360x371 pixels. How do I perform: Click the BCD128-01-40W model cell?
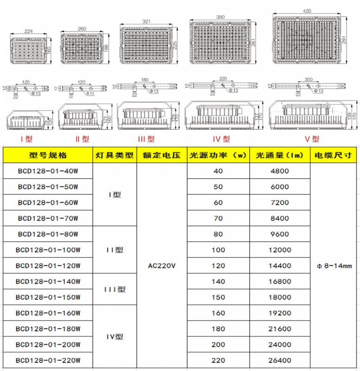click(x=48, y=171)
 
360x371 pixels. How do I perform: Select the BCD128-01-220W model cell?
click(x=48, y=360)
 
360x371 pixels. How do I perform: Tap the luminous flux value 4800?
click(x=279, y=171)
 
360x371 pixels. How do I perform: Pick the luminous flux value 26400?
click(x=279, y=360)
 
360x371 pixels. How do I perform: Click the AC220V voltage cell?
click(x=161, y=266)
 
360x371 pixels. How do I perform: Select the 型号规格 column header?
click(x=48, y=155)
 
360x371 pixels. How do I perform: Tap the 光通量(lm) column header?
click(x=279, y=155)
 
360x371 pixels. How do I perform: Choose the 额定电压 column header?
click(x=161, y=155)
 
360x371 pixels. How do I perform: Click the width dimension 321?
click(x=147, y=21)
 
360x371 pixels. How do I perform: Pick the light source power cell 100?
click(x=218, y=250)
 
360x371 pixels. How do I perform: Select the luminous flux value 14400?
click(x=279, y=266)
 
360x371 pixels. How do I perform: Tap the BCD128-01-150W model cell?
click(x=48, y=297)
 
